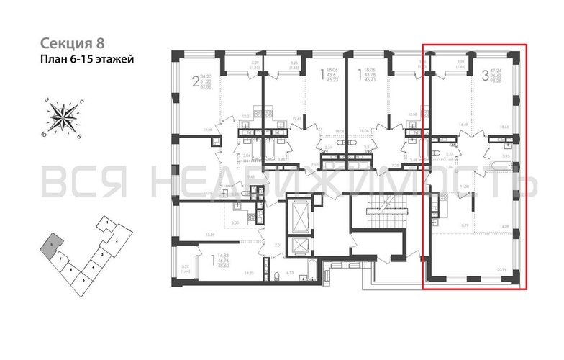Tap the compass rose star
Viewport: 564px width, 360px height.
pos(65,115)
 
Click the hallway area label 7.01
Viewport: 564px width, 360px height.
pos(278,246)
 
